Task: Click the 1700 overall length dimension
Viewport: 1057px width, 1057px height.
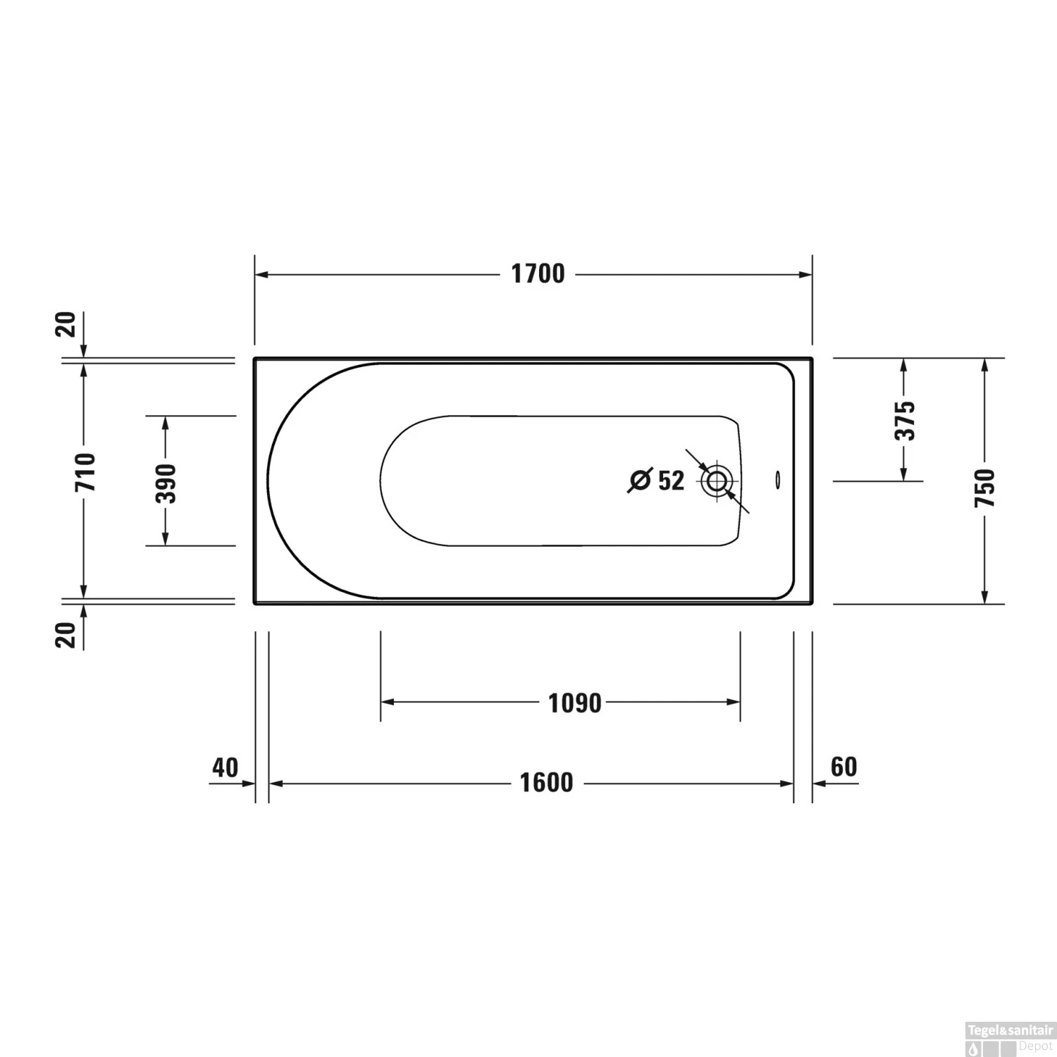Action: point(538,274)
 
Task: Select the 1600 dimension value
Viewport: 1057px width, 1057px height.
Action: point(546,783)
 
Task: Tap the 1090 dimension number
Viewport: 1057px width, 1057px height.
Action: point(575,703)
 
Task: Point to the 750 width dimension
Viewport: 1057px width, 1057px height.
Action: point(984,488)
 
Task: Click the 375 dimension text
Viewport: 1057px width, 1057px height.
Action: point(905,420)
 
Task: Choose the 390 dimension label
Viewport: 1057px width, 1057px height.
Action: point(166,483)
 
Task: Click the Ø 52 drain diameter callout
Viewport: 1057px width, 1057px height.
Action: point(657,481)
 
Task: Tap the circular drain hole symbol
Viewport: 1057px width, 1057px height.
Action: point(717,482)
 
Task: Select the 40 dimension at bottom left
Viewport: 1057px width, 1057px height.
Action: point(225,767)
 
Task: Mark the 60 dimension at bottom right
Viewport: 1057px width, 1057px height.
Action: point(843,767)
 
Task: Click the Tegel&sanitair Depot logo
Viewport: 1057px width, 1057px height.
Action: point(1009,1038)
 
